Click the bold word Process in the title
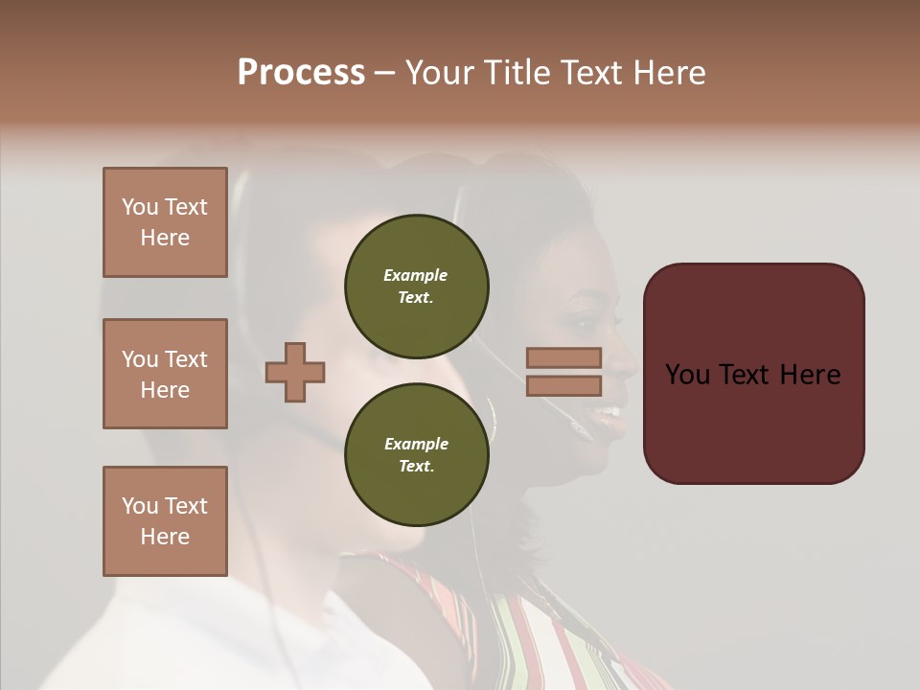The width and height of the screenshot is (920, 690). point(301,73)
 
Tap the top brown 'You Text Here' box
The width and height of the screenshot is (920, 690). point(165,222)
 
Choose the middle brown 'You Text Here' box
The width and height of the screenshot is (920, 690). point(165,374)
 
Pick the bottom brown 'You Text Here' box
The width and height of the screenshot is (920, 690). point(165,521)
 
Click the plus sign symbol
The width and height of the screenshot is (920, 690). point(295,372)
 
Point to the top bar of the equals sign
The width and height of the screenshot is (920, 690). point(563,358)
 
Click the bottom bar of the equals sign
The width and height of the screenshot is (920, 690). point(563,385)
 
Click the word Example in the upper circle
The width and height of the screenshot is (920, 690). point(416,275)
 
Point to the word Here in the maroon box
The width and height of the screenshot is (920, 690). point(809,375)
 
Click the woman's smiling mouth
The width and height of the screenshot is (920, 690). point(606,413)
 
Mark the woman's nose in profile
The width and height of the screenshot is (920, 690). point(624,365)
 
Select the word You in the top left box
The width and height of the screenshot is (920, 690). point(140,207)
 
